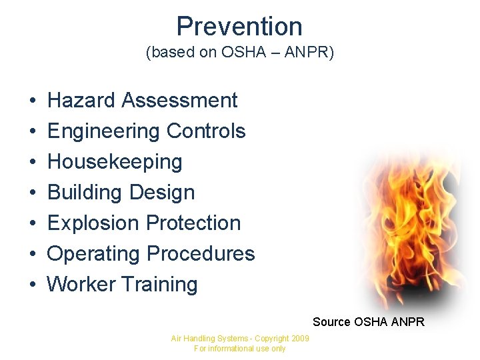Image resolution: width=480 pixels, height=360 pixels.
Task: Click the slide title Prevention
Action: click(x=239, y=26)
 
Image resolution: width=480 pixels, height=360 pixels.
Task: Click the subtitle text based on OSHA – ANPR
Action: click(x=239, y=53)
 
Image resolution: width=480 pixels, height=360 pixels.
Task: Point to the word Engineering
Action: click(x=104, y=131)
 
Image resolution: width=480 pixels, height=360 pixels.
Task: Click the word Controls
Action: click(x=206, y=131)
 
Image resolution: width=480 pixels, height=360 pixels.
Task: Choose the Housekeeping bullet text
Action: click(x=115, y=162)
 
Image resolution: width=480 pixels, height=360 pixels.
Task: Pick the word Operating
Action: click(x=94, y=254)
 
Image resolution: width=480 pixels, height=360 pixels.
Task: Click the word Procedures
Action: click(x=201, y=254)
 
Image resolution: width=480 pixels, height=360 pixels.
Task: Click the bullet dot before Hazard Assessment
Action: click(x=32, y=101)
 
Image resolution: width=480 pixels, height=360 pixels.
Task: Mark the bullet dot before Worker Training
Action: click(x=32, y=285)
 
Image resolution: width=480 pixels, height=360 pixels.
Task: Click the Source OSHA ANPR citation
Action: click(x=368, y=322)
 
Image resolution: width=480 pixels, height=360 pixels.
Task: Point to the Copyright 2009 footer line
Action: click(x=240, y=339)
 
